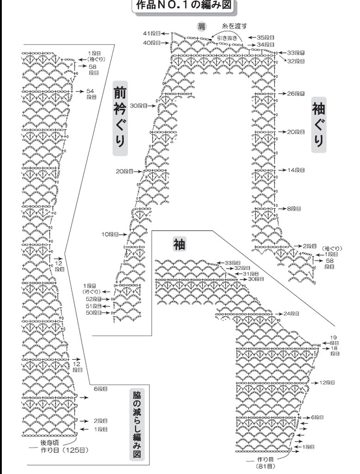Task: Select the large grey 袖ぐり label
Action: tap(318, 124)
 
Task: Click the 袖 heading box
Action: tap(179, 244)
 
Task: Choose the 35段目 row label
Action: tap(266, 37)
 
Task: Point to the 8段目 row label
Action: tap(294, 209)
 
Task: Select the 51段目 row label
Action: tap(93, 306)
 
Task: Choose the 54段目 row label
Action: tap(91, 94)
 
